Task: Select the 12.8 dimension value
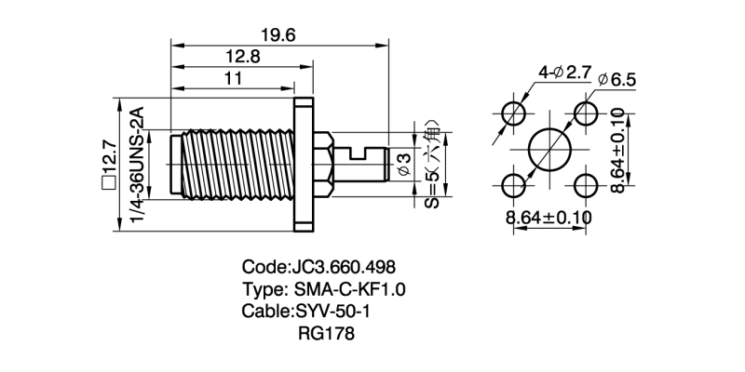pos(241,58)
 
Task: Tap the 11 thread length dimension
pos(233,80)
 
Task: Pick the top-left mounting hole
pos(512,113)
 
